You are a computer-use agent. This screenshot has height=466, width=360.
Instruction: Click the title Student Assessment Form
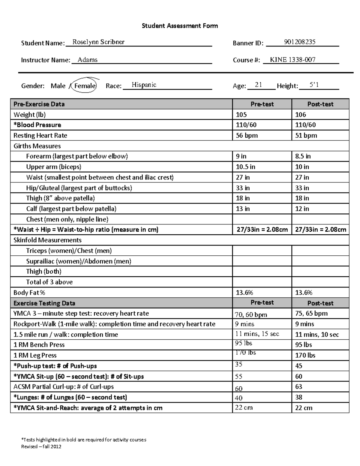point(180,26)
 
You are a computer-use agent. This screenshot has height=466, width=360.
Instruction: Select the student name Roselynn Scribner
point(98,42)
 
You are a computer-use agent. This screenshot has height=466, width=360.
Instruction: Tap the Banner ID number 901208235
point(299,42)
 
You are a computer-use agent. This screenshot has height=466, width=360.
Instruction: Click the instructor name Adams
point(88,60)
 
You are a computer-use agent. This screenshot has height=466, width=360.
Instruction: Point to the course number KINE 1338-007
point(292,60)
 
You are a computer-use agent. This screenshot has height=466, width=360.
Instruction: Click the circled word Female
point(85,86)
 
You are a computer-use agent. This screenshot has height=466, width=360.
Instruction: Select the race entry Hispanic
point(144,85)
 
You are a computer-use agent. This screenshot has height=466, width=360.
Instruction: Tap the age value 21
point(258,85)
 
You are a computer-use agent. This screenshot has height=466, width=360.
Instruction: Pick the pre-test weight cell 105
point(241,115)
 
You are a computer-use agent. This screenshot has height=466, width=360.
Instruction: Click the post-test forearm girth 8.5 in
point(303,156)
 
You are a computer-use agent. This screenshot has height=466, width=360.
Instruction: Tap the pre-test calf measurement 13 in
point(243,209)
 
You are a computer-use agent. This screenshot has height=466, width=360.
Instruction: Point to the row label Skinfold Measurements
point(47,240)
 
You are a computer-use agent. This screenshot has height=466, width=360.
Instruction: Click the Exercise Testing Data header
point(44,303)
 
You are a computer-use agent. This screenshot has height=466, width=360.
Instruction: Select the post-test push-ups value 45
point(299,366)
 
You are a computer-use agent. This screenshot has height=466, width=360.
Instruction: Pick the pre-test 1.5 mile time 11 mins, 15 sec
point(257,334)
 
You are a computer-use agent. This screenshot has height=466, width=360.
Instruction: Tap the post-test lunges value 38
point(299,397)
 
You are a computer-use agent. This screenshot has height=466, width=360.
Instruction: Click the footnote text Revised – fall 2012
point(41,446)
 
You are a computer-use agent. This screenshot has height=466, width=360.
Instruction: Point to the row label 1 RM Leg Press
point(35,355)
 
